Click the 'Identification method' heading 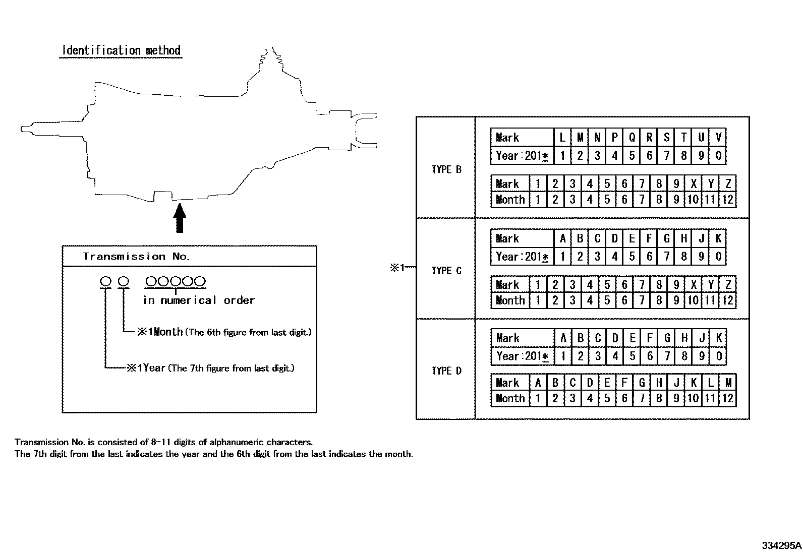(121, 50)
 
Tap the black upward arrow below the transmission (180, 218)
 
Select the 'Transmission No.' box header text (136, 257)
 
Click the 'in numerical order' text (199, 300)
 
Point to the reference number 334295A (781, 545)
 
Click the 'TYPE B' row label (446, 169)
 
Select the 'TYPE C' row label (446, 271)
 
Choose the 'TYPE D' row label (446, 371)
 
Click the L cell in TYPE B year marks (562, 137)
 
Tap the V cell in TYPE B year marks (718, 137)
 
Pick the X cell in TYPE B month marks (694, 184)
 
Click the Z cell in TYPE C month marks (728, 284)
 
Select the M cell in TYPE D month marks (728, 383)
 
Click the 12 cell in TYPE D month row (728, 398)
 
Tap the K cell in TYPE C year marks (718, 238)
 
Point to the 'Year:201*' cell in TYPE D (523, 356)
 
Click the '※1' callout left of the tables (397, 268)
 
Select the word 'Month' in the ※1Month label (168, 332)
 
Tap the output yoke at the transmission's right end (364, 131)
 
